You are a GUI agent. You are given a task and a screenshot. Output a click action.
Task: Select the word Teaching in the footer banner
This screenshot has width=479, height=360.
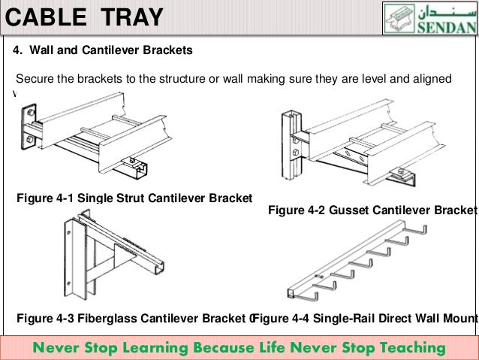click(x=411, y=347)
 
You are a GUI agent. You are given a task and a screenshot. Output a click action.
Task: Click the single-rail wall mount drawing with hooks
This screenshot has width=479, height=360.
click(x=353, y=263)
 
